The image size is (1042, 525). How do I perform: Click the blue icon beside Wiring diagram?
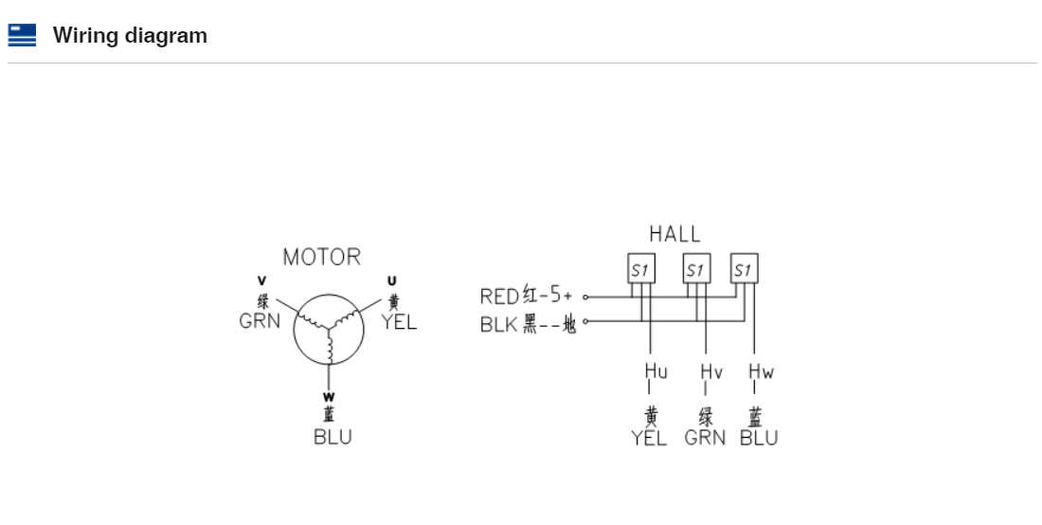click(x=22, y=35)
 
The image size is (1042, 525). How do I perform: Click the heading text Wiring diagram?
click(x=131, y=35)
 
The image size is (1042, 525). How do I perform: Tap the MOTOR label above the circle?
click(x=322, y=257)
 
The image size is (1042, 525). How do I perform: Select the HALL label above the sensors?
click(x=674, y=234)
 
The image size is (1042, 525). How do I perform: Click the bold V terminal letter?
click(x=261, y=281)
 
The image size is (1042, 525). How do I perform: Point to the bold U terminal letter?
click(x=391, y=281)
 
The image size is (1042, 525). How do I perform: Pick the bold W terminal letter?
click(x=329, y=397)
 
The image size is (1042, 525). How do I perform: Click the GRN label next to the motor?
click(x=260, y=321)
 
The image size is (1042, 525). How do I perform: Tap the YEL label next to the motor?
click(x=399, y=322)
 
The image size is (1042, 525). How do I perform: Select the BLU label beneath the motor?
click(x=332, y=437)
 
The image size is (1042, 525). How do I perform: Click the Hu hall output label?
click(x=656, y=371)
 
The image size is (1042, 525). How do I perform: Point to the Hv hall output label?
click(x=711, y=371)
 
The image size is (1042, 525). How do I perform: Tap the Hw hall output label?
click(x=762, y=371)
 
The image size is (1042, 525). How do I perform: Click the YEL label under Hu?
click(x=649, y=438)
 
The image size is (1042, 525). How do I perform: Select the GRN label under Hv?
click(x=705, y=438)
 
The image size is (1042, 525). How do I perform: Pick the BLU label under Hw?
click(x=759, y=438)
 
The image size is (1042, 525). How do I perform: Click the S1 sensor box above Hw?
click(x=744, y=268)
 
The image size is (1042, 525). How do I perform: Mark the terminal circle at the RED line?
click(x=585, y=297)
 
